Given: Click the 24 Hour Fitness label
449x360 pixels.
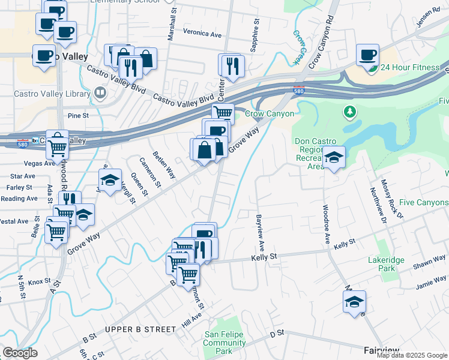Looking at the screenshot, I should [410, 67].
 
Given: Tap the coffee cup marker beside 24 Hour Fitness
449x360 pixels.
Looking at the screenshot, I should [367, 55].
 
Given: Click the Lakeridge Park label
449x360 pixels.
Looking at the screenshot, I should [386, 264].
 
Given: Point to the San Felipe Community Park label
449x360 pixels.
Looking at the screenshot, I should [224, 343].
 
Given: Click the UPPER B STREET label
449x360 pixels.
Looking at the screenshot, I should [140, 329].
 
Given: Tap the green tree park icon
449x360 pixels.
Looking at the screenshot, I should [349, 112].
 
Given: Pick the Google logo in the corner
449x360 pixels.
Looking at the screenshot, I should [20, 353].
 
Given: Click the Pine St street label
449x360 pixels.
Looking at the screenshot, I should [78, 115].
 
